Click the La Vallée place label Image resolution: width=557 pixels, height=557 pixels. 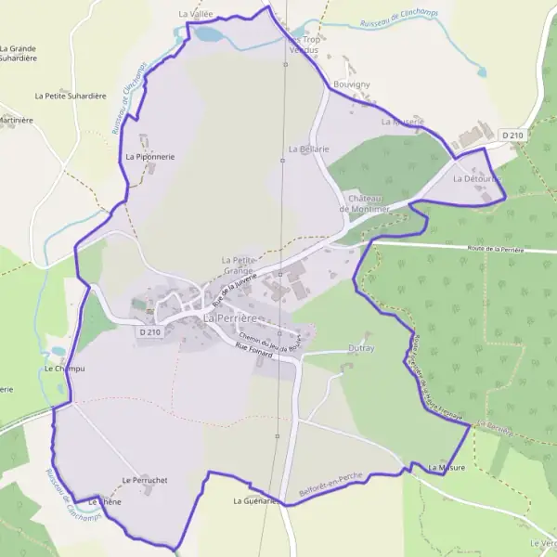tap(196, 15)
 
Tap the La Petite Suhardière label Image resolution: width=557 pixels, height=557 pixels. tap(71, 96)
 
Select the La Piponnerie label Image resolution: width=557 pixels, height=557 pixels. tap(149, 157)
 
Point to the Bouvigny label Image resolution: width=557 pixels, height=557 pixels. tap(351, 84)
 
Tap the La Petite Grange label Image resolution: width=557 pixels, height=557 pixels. tap(239, 265)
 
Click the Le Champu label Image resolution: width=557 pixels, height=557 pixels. tap(64, 369)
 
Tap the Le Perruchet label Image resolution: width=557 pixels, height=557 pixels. tap(144, 480)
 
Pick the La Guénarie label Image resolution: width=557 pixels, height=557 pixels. tap(255, 501)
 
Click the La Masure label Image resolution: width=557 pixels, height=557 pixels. tap(447, 468)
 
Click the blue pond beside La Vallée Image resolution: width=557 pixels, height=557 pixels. tap(210, 34)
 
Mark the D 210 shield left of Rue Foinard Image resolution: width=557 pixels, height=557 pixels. tap(149, 331)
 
